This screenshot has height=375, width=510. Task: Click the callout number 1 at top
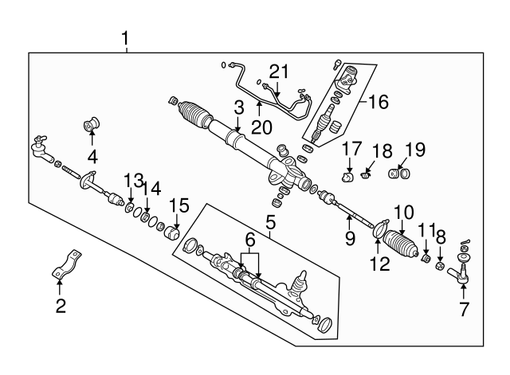(125, 37)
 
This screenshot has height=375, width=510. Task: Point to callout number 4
(92, 156)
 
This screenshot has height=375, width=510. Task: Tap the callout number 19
(415, 150)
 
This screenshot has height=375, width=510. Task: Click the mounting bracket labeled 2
(69, 265)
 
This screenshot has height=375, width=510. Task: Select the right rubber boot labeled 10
(402, 244)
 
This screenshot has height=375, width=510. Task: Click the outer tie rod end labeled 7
(463, 273)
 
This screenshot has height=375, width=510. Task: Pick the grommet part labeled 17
(348, 175)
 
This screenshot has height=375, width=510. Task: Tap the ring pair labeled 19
(399, 173)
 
